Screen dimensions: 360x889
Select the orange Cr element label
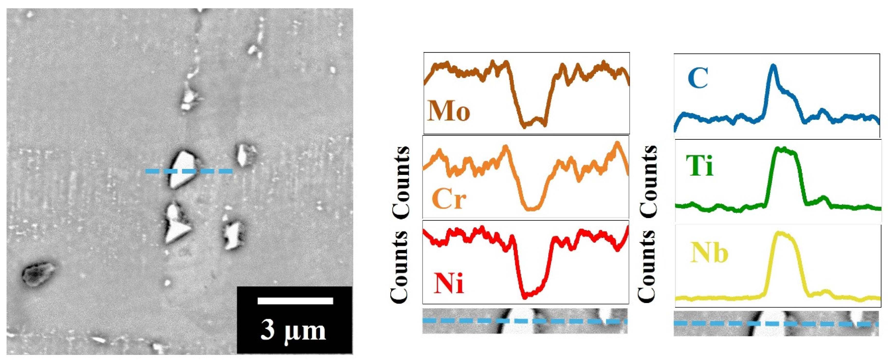(x=449, y=199)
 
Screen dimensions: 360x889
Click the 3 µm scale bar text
(x=293, y=331)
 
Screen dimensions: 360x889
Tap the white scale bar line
(x=295, y=301)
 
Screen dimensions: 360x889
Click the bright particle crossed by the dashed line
(x=183, y=169)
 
